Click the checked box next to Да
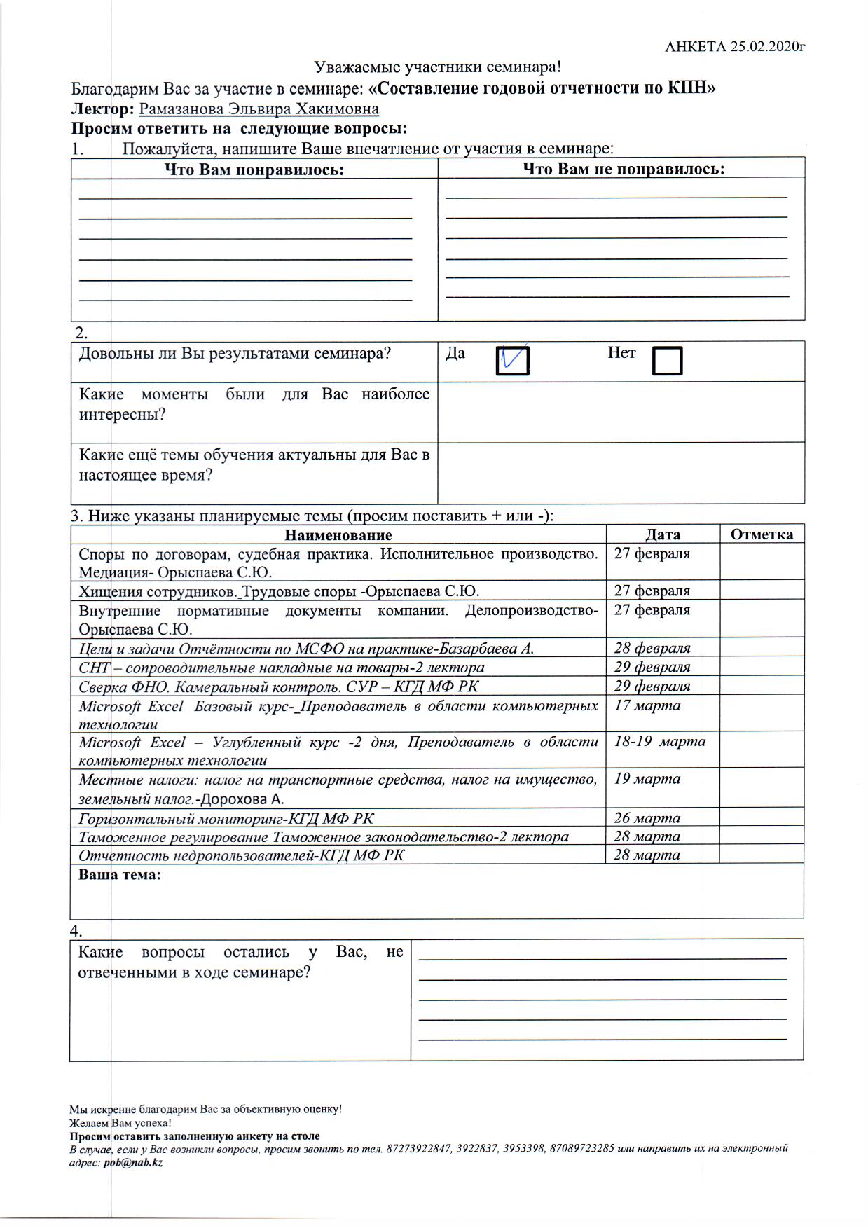[x=512, y=361]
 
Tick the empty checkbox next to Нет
[x=666, y=361]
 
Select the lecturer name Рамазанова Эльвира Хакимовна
[x=259, y=109]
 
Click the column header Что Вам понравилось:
[x=254, y=170]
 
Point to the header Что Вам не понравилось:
[x=624, y=169]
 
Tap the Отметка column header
[x=762, y=534]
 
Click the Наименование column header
[x=338, y=535]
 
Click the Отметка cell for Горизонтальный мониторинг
[x=762, y=818]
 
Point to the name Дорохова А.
[x=242, y=799]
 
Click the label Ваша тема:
[x=120, y=875]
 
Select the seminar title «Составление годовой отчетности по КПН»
[x=542, y=89]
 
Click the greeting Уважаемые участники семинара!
[x=438, y=67]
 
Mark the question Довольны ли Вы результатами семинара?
[x=235, y=353]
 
